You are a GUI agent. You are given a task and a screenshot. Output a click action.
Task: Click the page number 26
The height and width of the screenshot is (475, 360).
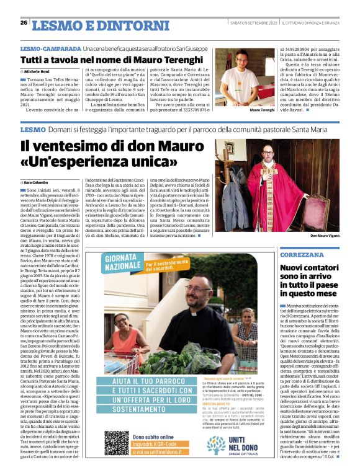[24, 22]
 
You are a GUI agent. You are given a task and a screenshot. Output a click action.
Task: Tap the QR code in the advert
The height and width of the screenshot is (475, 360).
[116, 443]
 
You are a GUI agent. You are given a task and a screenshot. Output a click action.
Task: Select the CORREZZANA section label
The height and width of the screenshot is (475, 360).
[301, 255]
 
